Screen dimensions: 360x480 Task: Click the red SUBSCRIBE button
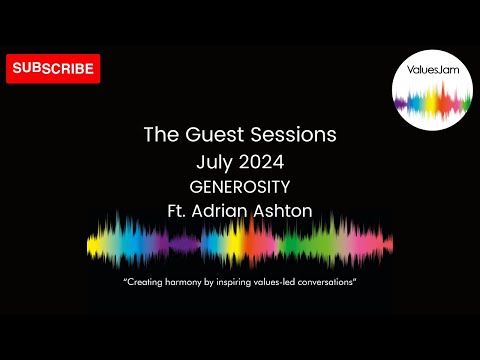pyautogui.click(x=53, y=69)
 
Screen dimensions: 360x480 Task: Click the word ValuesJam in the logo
pyautogui.click(x=432, y=72)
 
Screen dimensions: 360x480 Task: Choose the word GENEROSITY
pyautogui.click(x=239, y=186)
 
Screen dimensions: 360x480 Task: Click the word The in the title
pyautogui.click(x=160, y=134)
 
